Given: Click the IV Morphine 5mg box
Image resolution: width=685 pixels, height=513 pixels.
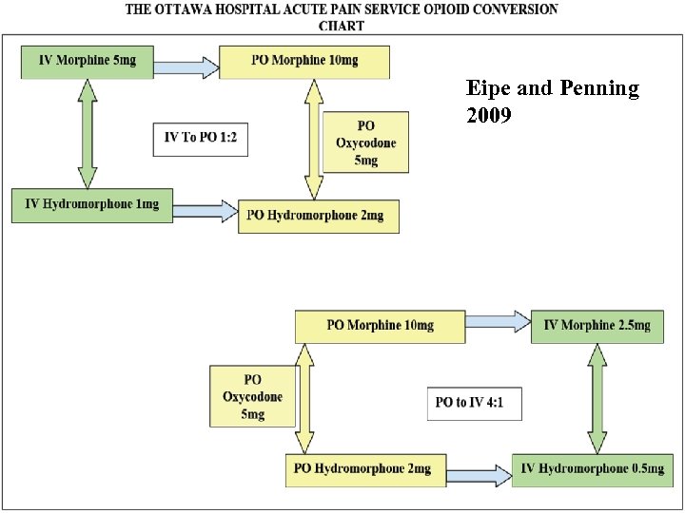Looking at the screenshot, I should [x=87, y=62].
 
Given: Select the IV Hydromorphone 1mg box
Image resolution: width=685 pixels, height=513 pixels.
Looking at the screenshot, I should [x=92, y=206].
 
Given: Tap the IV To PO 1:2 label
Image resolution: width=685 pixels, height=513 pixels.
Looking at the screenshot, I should [x=201, y=139].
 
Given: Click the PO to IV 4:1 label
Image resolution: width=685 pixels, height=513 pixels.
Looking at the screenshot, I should [x=473, y=403].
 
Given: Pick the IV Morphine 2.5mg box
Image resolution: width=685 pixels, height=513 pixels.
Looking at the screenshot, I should [x=597, y=326].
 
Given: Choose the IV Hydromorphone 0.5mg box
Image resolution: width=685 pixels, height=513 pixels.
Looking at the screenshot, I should [x=592, y=469].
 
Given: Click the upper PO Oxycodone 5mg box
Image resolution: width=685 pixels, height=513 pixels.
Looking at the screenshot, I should [x=366, y=142].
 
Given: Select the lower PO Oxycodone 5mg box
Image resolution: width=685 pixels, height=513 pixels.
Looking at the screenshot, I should [x=252, y=397].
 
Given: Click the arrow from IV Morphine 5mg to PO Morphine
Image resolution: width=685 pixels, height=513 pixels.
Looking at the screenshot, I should [x=185, y=66].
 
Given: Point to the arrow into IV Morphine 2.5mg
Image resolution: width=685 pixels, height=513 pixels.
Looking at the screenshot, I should [x=498, y=323].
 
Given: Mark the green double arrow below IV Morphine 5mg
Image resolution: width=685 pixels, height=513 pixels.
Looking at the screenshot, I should [x=88, y=134].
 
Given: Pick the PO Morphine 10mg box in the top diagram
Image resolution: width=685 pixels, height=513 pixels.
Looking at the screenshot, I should [x=304, y=62].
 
